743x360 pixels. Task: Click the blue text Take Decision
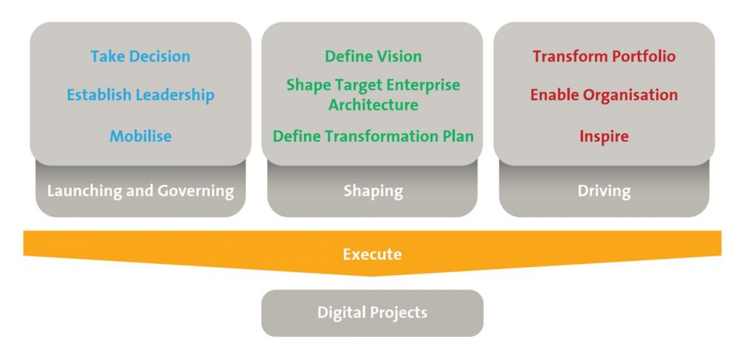(x=140, y=57)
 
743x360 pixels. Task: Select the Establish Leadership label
(x=140, y=95)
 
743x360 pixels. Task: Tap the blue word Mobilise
(x=140, y=136)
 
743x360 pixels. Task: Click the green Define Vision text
(x=373, y=57)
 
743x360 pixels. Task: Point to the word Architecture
(x=374, y=105)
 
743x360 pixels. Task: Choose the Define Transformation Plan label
(x=373, y=136)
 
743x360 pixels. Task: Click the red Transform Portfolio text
(x=604, y=57)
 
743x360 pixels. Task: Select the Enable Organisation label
(x=604, y=95)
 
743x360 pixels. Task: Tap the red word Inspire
(x=604, y=137)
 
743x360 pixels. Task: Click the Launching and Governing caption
(x=140, y=192)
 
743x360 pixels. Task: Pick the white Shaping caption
(x=373, y=192)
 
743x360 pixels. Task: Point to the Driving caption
(x=604, y=192)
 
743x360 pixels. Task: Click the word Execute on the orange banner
(x=372, y=254)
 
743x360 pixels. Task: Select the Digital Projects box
(x=372, y=313)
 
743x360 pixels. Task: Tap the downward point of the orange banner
(x=372, y=276)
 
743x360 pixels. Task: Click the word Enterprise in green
(x=422, y=86)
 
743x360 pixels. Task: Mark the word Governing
(x=196, y=192)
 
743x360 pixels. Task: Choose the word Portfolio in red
(x=644, y=57)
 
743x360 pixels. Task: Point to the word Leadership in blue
(x=175, y=95)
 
